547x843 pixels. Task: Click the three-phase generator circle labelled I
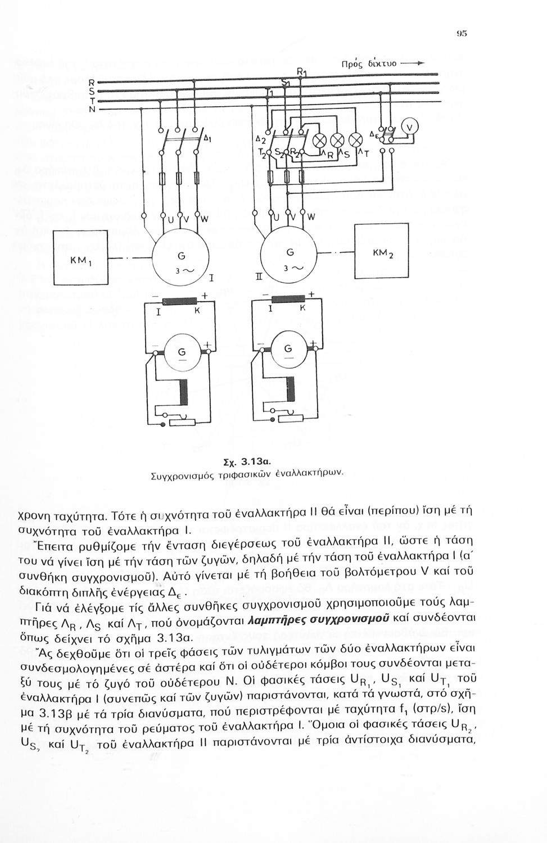(179, 257)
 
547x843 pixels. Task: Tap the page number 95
(462, 33)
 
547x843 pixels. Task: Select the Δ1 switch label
(207, 137)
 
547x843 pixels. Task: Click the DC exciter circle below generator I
(182, 352)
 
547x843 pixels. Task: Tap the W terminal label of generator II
(311, 216)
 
